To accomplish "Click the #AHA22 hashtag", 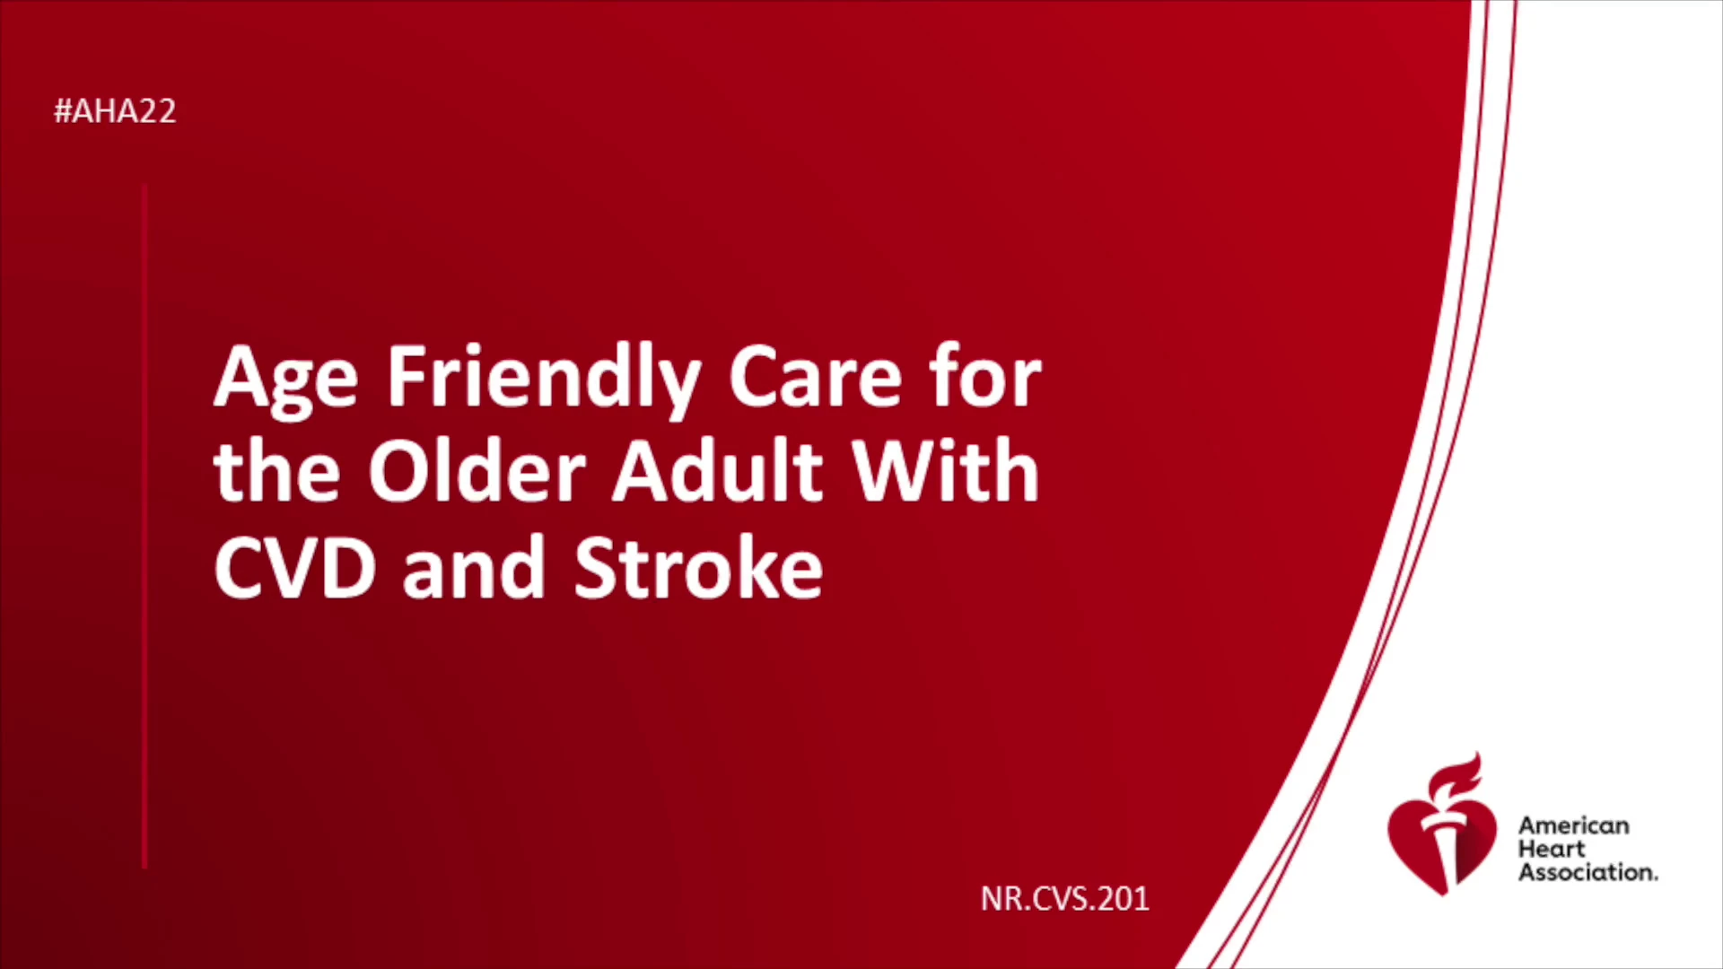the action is click(x=115, y=111).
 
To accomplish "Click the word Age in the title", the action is click(x=285, y=380).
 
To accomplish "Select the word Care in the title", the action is click(x=814, y=377).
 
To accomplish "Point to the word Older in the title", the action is click(x=477, y=470).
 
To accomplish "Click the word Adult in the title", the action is click(x=718, y=470).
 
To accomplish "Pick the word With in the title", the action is click(x=945, y=470).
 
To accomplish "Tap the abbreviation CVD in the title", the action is click(x=294, y=567).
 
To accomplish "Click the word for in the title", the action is click(x=984, y=376).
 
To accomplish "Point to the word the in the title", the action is click(x=276, y=470).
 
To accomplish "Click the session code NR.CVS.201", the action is click(x=1064, y=899).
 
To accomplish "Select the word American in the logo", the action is click(x=1573, y=825).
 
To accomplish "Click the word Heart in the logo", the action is click(x=1552, y=849).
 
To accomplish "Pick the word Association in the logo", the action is click(x=1587, y=872).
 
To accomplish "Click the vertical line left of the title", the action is click(x=144, y=527).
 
